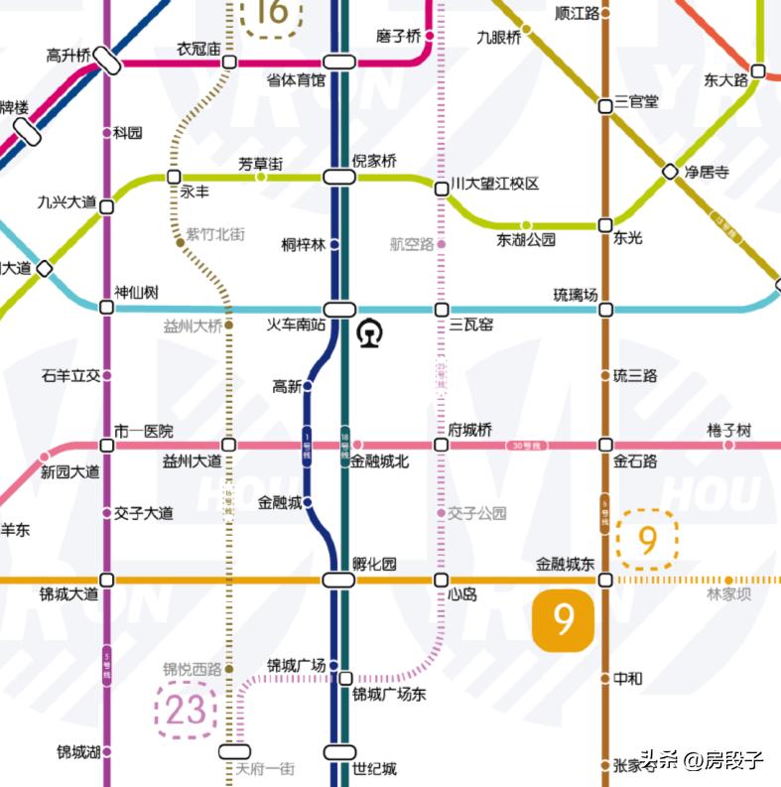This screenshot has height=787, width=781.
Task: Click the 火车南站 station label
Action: [x=297, y=325]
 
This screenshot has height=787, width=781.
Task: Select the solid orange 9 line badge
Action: [x=564, y=620]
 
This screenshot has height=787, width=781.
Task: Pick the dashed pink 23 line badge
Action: [x=186, y=710]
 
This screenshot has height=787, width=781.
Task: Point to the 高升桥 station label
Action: [x=69, y=55]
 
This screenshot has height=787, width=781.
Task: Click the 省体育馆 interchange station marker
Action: [x=338, y=62]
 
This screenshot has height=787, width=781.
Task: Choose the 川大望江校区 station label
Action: [x=494, y=185]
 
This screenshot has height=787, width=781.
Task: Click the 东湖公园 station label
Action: [x=526, y=239]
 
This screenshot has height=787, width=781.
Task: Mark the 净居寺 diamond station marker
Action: [x=670, y=172]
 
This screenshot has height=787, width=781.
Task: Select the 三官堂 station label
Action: [x=636, y=101]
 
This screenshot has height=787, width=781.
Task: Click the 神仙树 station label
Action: [x=136, y=293]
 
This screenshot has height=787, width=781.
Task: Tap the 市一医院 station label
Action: [x=143, y=431]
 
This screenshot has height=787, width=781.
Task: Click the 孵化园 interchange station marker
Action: [x=338, y=581]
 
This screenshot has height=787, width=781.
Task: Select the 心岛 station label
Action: [x=462, y=594]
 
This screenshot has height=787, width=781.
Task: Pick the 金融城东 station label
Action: [x=565, y=564]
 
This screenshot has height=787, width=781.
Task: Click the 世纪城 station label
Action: [x=374, y=768]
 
